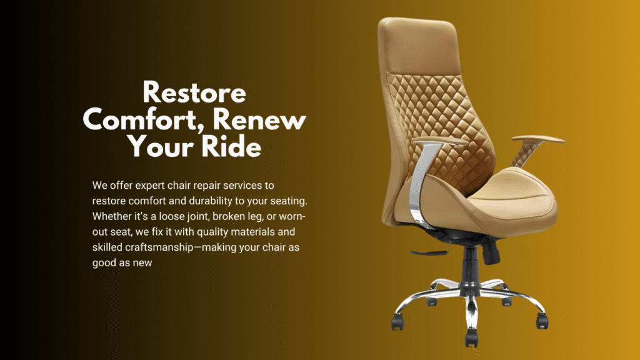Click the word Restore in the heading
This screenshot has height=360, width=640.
[x=194, y=94]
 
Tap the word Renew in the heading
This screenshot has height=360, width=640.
[x=267, y=119]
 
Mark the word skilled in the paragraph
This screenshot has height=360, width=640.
[x=109, y=248]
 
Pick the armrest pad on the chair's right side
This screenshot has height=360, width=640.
[x=538, y=140]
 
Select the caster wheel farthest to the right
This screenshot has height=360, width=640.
[x=542, y=321]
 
